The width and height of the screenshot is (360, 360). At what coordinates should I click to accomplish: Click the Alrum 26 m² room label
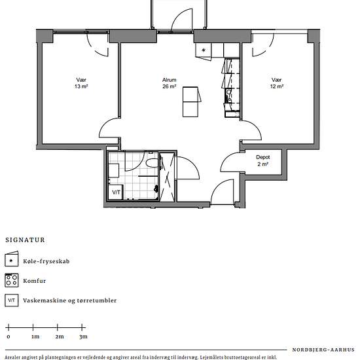pos(170,83)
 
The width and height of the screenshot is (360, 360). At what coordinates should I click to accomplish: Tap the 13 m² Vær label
pos(81,83)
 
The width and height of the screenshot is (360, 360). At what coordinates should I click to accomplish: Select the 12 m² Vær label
pos(277,83)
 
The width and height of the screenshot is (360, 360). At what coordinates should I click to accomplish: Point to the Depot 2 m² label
pos(263,160)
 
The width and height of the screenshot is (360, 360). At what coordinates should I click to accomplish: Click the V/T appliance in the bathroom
pos(116,192)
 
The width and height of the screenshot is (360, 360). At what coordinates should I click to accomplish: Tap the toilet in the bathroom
pos(152,163)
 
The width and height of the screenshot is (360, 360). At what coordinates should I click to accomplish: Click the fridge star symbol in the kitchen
pos(204,50)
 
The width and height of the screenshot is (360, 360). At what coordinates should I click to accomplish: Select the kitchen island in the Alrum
pos(190,101)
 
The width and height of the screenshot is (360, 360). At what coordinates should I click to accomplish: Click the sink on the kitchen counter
pos(229,92)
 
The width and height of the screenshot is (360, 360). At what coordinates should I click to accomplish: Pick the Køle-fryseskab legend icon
pos(12,259)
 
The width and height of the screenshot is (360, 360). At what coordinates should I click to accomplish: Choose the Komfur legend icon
pos(12,280)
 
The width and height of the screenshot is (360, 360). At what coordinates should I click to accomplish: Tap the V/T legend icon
pos(12,300)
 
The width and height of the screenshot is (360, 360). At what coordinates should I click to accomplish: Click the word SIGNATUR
pos(26,240)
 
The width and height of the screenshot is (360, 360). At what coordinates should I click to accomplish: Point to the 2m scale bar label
pos(60,336)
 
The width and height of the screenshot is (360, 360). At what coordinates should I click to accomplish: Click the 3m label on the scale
pos(83,336)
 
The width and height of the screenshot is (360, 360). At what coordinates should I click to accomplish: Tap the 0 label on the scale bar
pos(9,337)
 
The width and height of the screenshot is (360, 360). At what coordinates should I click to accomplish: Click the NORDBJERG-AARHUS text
pos(323,350)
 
